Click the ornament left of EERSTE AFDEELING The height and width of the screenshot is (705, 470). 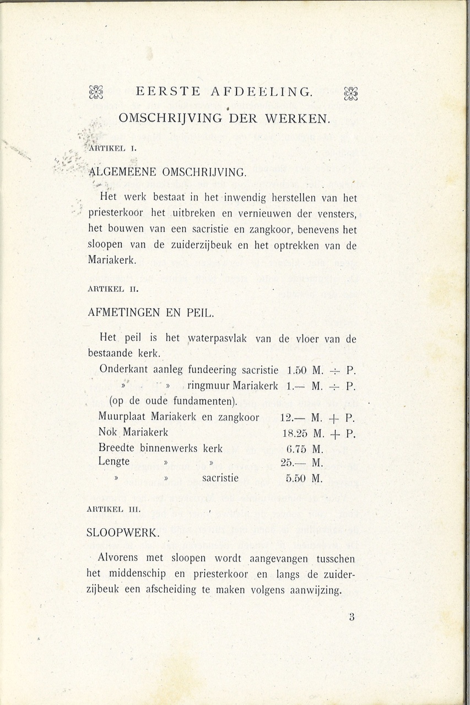[x=96, y=93]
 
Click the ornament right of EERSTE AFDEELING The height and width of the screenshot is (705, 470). [x=351, y=93]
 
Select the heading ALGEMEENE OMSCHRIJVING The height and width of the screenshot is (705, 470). [x=167, y=172]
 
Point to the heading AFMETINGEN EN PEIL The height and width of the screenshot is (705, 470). [x=151, y=313]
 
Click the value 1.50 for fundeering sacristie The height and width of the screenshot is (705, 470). [x=297, y=370]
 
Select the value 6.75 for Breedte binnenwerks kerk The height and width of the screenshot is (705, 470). [x=296, y=448]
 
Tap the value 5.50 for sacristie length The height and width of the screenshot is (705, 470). [x=296, y=479]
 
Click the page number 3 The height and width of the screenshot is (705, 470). [x=351, y=617]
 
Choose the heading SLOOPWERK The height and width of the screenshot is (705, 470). [x=123, y=533]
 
